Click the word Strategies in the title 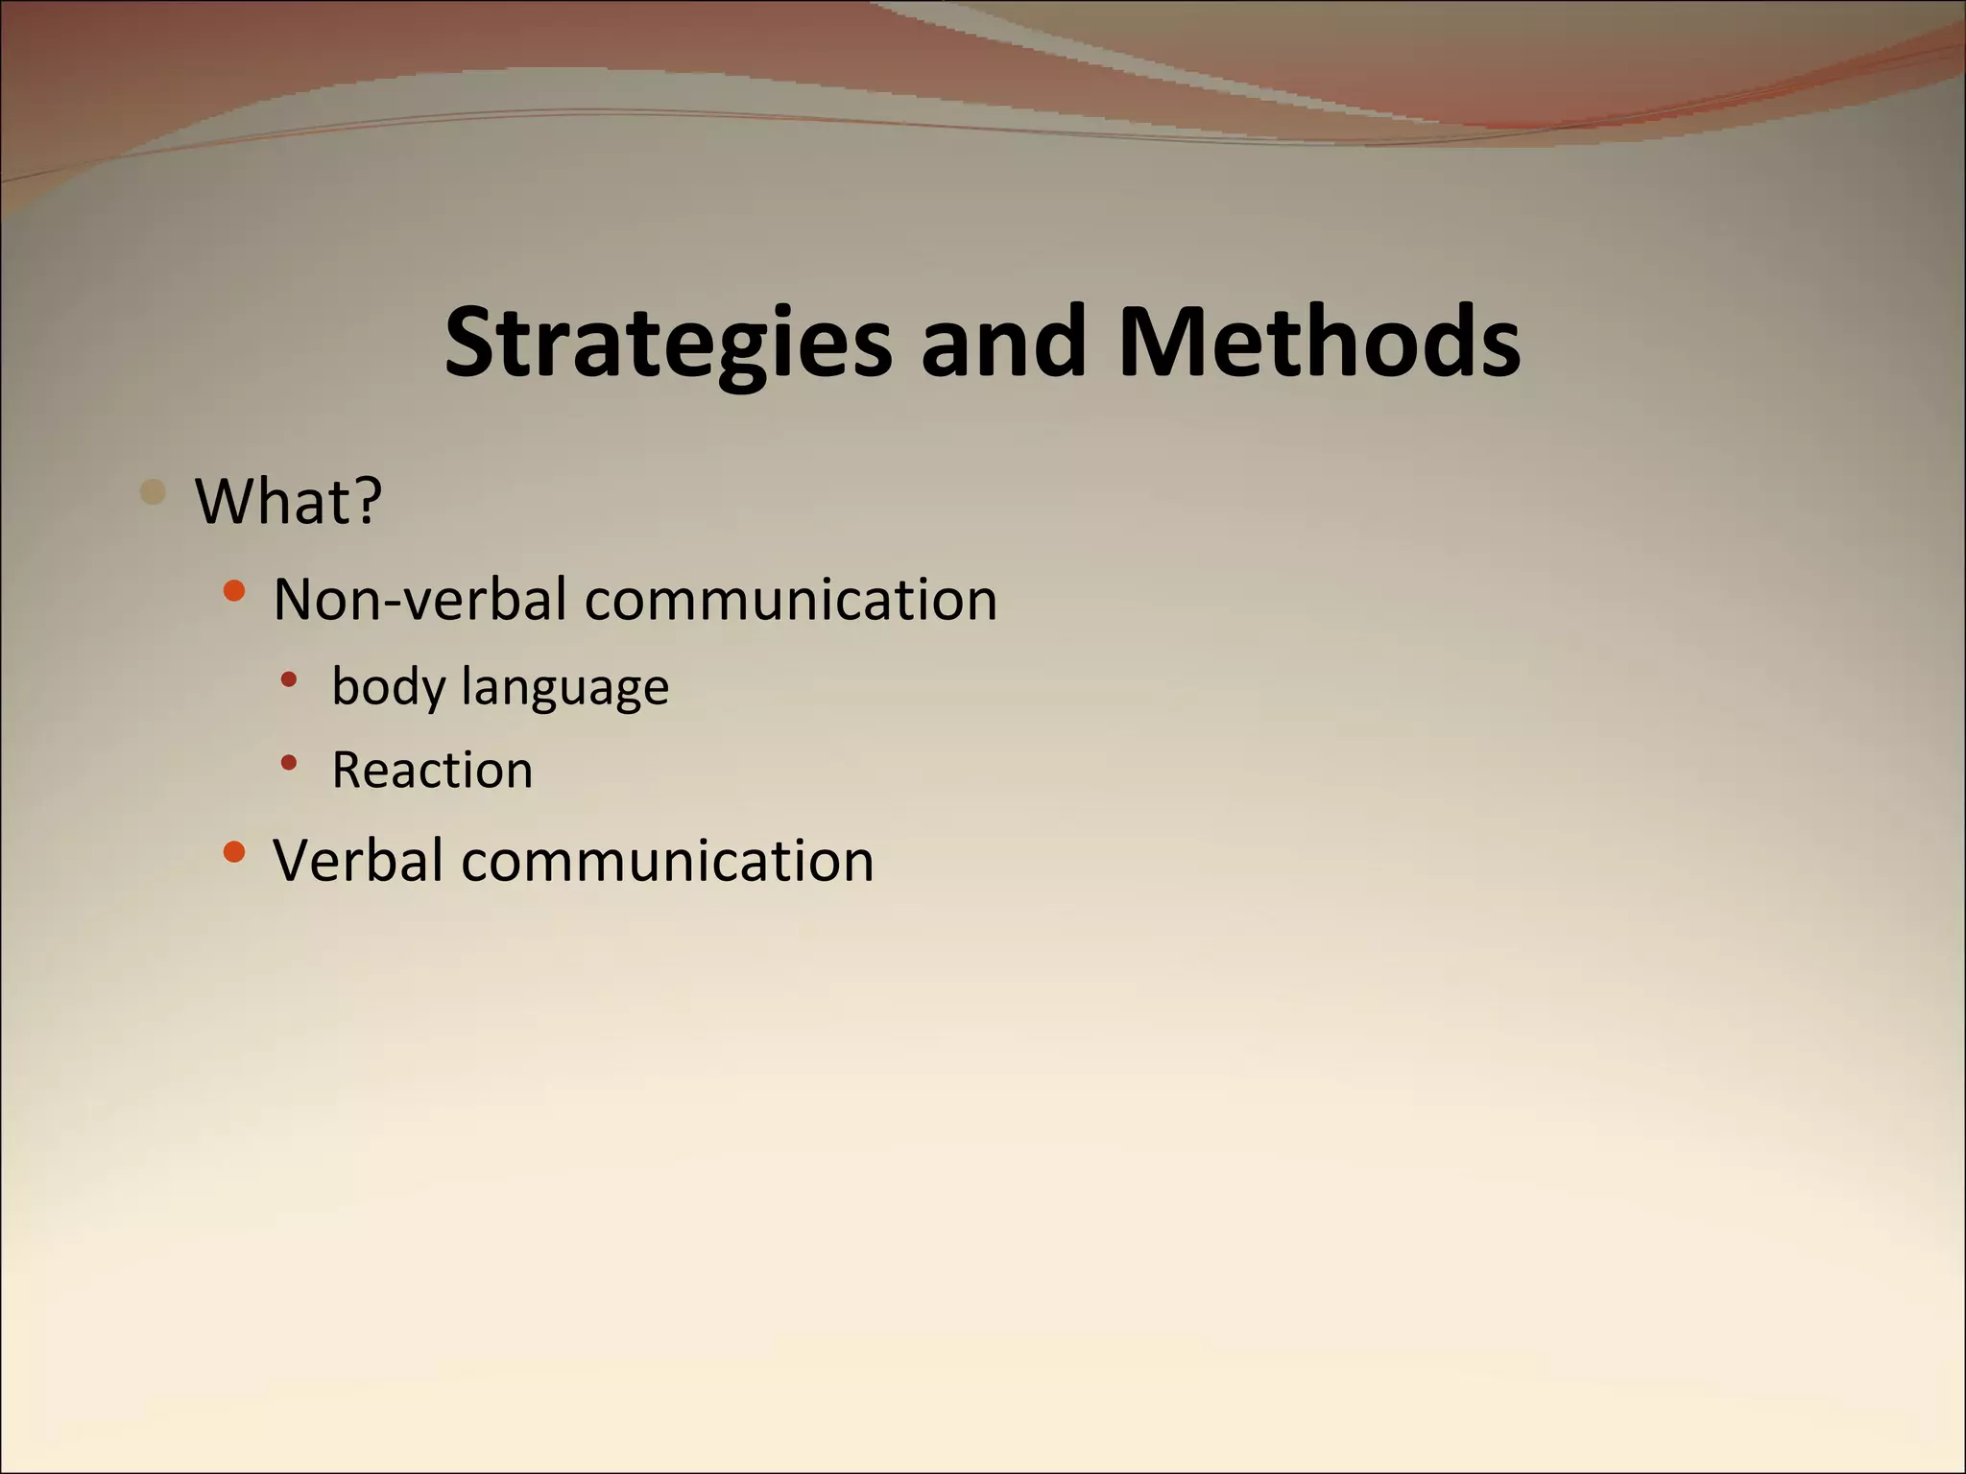click(668, 344)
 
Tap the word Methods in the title click(1319, 342)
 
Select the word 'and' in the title click(1003, 342)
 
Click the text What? click(289, 501)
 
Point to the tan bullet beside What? click(153, 492)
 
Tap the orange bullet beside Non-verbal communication click(233, 590)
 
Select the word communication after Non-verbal click(791, 600)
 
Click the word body click(389, 687)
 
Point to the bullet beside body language click(289, 680)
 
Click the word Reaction click(432, 770)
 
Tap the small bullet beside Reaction click(289, 764)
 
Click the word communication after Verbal click(668, 860)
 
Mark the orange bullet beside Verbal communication click(233, 851)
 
